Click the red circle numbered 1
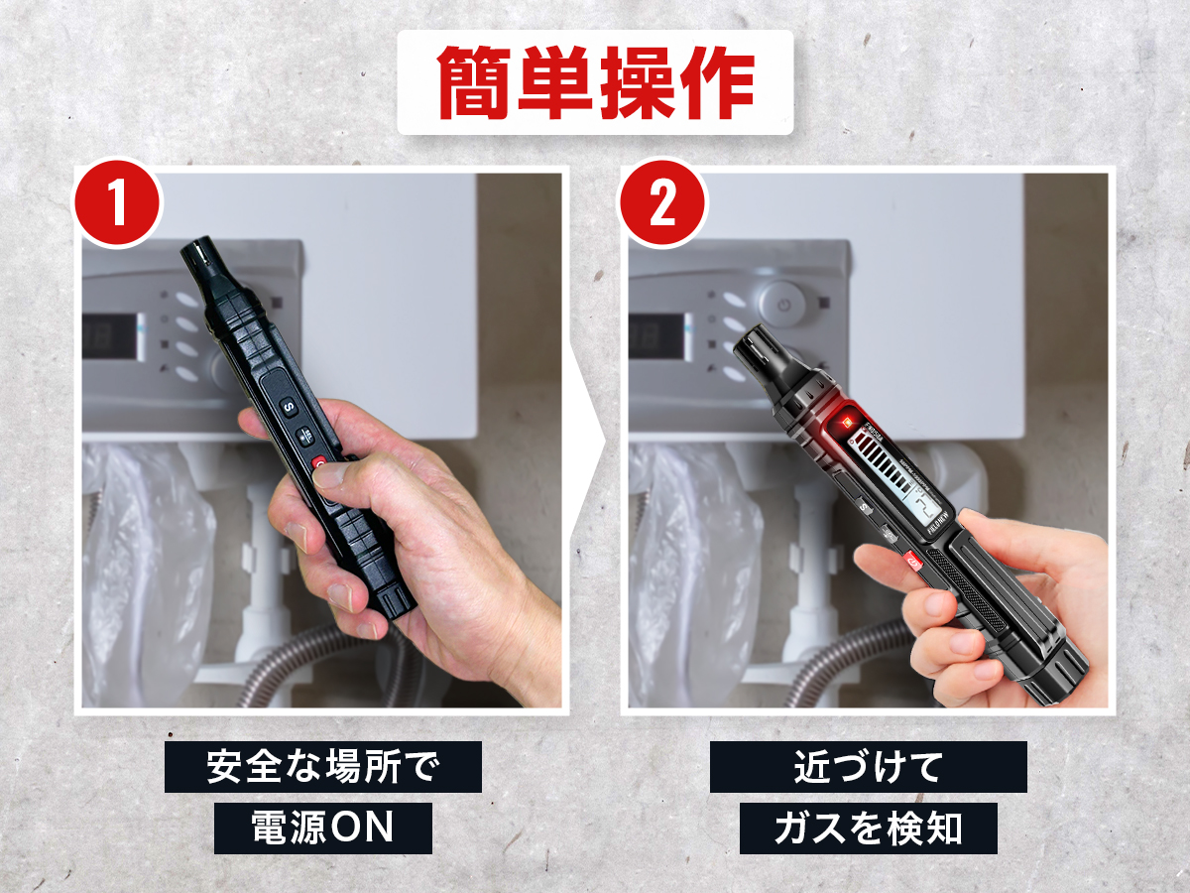click(x=118, y=202)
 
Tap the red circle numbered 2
click(x=662, y=202)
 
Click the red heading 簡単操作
click(x=595, y=82)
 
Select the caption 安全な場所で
click(x=322, y=767)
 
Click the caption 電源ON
click(x=323, y=828)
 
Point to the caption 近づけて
click(x=868, y=767)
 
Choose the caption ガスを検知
click(x=869, y=828)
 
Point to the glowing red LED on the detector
click(x=845, y=421)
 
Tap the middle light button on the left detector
click(x=305, y=436)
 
